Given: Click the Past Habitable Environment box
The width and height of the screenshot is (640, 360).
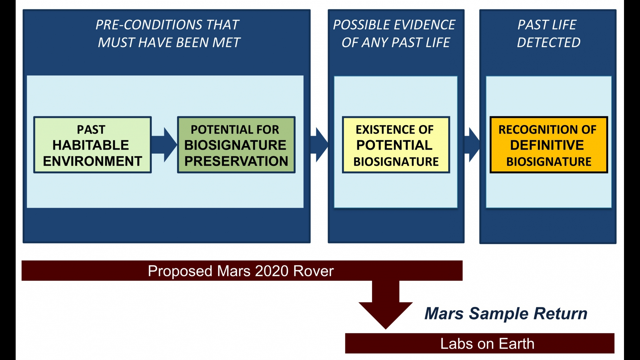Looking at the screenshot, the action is (92, 145).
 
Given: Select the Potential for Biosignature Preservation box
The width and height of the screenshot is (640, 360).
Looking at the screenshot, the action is (236, 145).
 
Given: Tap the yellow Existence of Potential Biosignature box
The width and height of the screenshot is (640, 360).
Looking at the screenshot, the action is (396, 145).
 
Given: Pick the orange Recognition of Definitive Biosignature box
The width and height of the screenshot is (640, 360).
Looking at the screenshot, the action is (549, 145).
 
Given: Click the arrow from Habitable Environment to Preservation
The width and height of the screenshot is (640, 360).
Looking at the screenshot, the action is (164, 145).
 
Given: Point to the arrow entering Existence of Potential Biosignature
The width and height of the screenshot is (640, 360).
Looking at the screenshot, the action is (319, 145).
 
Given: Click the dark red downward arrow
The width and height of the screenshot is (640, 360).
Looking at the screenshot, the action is (386, 305).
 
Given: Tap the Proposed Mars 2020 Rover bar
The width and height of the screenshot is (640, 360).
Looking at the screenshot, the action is (242, 271).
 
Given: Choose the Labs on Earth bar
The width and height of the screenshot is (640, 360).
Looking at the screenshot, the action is (480, 343).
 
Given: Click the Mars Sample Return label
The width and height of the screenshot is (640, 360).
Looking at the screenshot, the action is (506, 313).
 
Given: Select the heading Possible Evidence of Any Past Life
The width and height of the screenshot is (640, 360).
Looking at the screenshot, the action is (395, 33).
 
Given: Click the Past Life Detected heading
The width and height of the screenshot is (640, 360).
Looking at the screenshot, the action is (548, 33).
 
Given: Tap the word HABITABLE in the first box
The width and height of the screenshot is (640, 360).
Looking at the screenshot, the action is (91, 145).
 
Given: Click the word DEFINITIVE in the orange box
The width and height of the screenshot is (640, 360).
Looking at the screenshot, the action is (547, 145).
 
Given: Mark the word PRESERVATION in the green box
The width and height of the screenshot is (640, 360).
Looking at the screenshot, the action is (236, 161).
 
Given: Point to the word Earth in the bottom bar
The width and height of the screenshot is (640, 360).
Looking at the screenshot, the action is (517, 344).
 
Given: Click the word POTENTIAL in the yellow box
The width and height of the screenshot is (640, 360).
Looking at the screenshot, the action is (394, 145).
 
